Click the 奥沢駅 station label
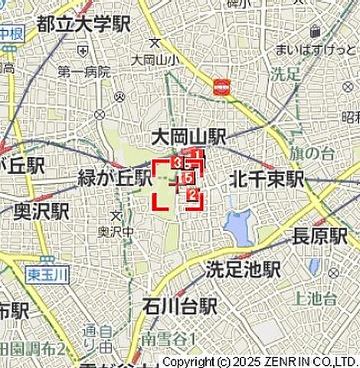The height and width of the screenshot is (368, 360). pos(41,211)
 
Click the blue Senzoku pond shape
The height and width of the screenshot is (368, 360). pos(239,223)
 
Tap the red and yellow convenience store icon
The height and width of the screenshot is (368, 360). pos(223,87)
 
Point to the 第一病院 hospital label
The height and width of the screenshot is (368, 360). pos(84,72)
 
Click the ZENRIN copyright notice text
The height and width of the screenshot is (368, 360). pos(260,361)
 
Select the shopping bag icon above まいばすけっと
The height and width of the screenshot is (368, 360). pos(315,32)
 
